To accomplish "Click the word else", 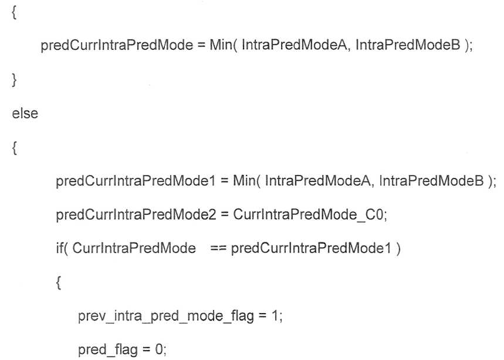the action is [25, 113].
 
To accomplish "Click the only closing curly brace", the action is [14, 80].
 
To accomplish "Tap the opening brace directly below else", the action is [14, 148].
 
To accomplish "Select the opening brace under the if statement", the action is [58, 283].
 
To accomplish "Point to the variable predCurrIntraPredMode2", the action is [136, 214].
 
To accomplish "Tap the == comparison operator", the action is [219, 248].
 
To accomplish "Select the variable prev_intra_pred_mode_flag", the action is [166, 316].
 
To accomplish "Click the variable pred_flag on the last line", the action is [108, 349].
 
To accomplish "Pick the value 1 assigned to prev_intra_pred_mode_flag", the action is [275, 316].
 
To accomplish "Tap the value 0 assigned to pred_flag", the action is [160, 349].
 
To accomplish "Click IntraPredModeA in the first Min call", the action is [294, 45].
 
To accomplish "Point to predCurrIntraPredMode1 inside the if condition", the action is [311, 248].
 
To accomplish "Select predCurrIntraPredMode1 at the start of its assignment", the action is [136, 181].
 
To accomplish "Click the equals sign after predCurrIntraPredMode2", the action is [225, 214].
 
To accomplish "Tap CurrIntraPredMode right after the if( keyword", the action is [134, 248].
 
